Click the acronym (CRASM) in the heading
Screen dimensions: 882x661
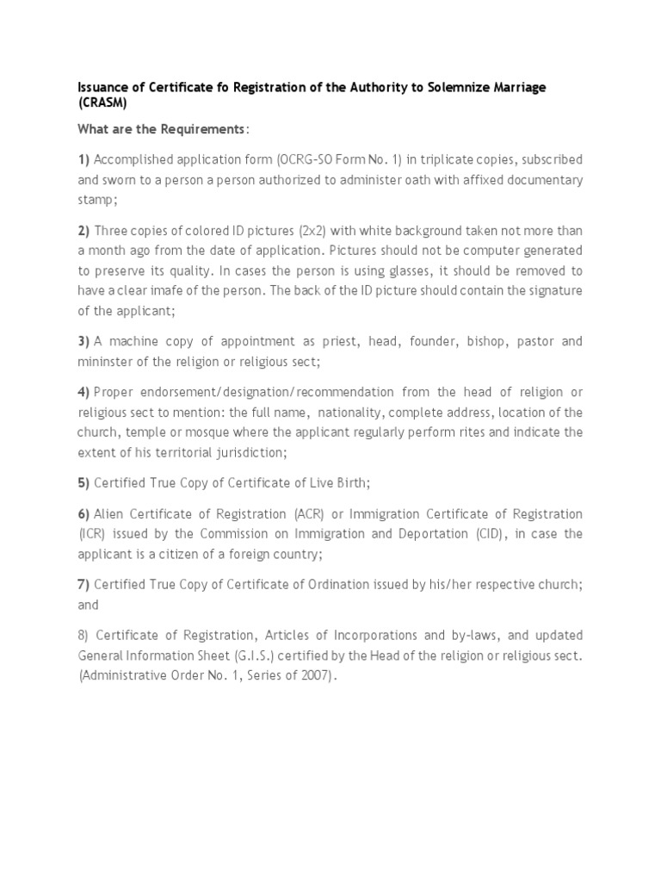(101, 103)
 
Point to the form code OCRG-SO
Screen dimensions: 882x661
(303, 160)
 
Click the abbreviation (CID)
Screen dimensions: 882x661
(485, 533)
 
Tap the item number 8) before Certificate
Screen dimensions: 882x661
(83, 636)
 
